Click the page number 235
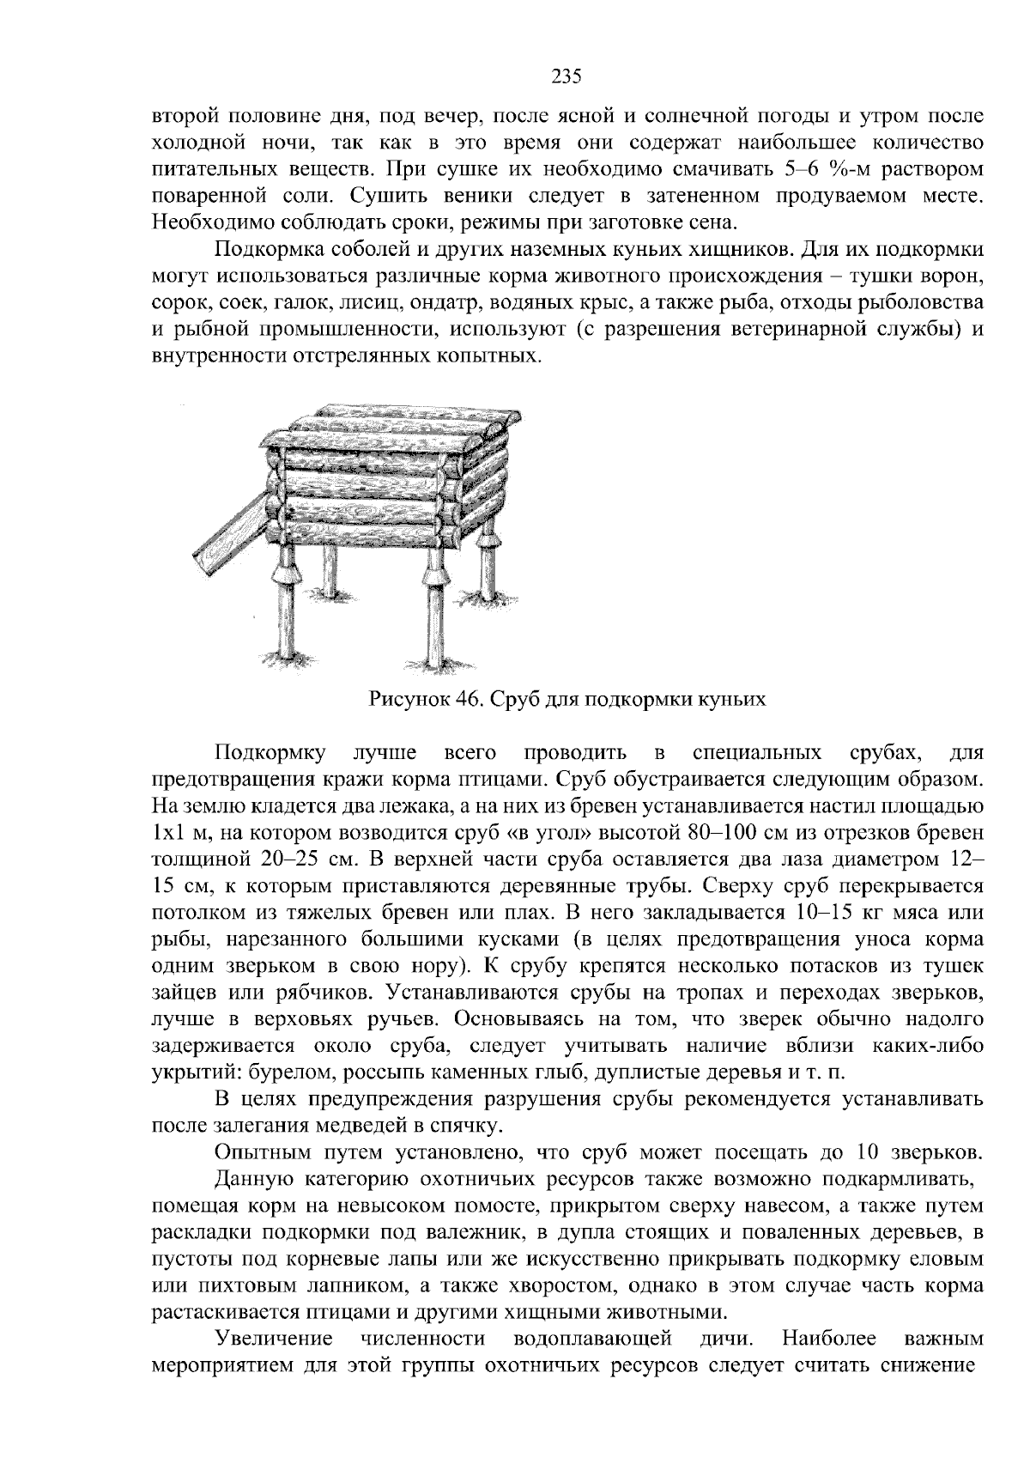(x=566, y=77)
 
